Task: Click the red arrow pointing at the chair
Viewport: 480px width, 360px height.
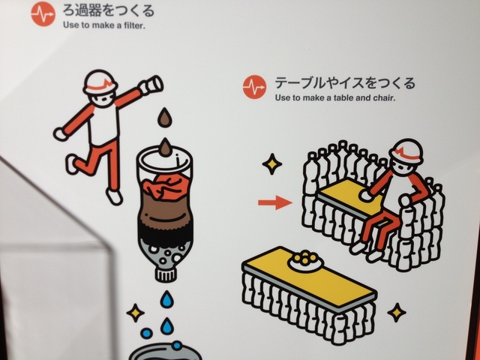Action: pos(275,202)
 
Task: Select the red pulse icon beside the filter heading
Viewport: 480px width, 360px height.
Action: pos(43,13)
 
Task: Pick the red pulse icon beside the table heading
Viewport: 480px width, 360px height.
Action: pos(254,87)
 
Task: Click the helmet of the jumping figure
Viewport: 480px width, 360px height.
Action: pos(100,82)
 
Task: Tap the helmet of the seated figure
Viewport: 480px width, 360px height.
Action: pos(406,151)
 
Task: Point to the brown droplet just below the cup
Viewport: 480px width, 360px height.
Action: pos(165,117)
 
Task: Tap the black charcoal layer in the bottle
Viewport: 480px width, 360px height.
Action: pos(165,232)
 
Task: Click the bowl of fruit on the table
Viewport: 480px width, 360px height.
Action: pos(306,261)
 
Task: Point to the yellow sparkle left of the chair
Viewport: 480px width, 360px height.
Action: pos(271,164)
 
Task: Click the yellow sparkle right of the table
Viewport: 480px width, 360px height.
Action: pos(397,313)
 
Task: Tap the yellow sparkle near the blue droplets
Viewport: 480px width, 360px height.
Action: pos(136,313)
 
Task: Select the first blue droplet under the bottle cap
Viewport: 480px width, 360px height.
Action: pos(167,299)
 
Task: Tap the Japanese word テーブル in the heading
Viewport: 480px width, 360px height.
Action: pos(295,82)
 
